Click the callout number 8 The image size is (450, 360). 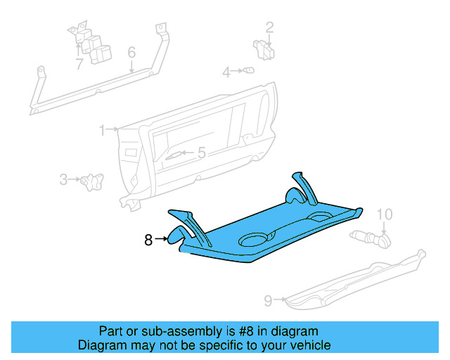(148, 240)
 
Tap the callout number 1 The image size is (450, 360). (103, 130)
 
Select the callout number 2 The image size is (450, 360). (269, 28)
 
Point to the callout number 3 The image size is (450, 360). (226, 72)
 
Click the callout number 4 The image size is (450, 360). (201, 153)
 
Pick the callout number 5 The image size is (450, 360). (131, 53)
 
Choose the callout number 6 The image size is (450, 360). (79, 64)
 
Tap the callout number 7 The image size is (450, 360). (268, 301)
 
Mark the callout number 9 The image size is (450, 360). (385, 214)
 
